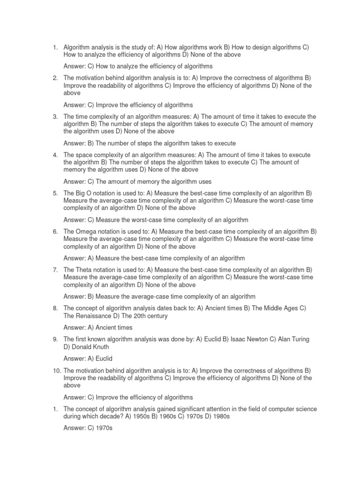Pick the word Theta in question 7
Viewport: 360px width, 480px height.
point(83,270)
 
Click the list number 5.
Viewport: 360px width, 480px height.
point(54,193)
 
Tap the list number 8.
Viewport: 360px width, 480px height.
point(54,308)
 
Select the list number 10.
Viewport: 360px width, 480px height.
point(56,370)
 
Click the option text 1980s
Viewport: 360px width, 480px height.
point(219,416)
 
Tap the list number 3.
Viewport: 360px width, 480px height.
point(54,116)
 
